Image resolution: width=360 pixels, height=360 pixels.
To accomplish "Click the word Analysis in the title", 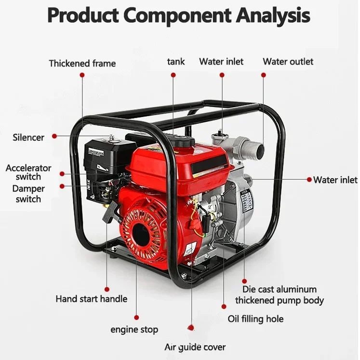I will click(x=273, y=16).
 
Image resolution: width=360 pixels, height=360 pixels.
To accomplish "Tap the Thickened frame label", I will click(x=82, y=63).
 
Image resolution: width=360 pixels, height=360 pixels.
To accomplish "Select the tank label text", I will click(x=176, y=62).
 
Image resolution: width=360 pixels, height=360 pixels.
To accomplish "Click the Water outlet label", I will click(x=288, y=62).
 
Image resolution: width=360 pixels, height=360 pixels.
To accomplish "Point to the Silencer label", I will click(x=28, y=137).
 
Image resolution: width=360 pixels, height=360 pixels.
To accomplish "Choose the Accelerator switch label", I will click(x=28, y=172).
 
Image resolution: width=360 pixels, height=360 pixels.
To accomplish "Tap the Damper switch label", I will click(x=28, y=194).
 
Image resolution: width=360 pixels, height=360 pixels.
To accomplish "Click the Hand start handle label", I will click(x=92, y=299).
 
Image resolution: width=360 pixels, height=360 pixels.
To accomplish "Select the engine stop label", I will click(x=134, y=330).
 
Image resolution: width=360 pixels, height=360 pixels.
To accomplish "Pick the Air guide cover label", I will click(x=195, y=347).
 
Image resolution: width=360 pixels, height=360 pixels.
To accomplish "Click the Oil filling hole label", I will click(x=255, y=319).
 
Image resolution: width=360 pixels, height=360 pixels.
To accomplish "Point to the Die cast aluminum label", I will click(x=279, y=290).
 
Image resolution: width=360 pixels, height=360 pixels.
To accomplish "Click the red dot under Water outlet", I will click(x=263, y=75).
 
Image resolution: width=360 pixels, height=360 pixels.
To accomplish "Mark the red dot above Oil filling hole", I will click(x=224, y=306).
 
